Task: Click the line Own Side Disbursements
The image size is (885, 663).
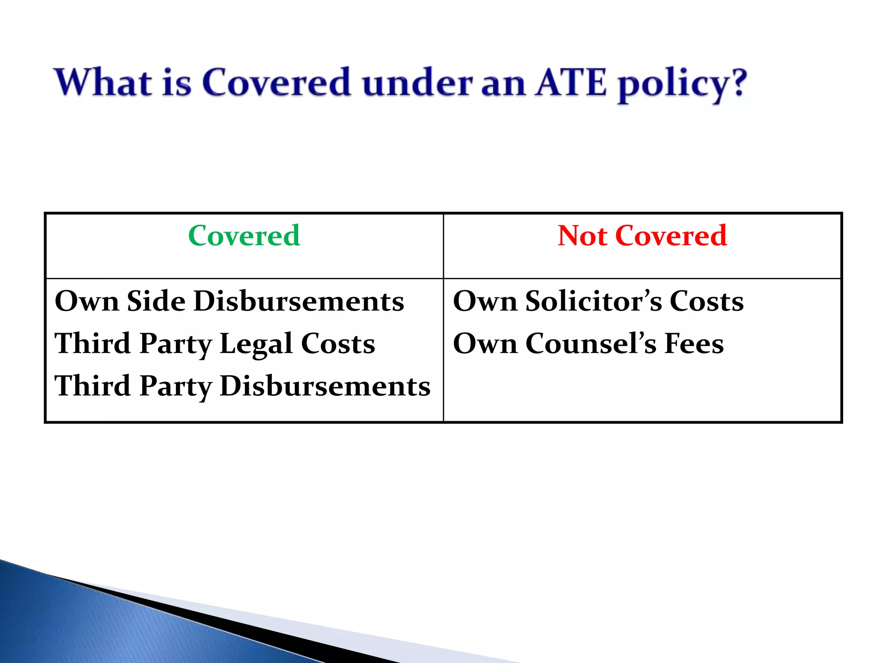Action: click(x=229, y=301)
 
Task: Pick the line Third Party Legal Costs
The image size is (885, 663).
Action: click(x=215, y=344)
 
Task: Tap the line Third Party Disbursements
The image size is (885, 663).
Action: click(x=242, y=386)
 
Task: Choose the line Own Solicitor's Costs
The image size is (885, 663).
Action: click(x=598, y=301)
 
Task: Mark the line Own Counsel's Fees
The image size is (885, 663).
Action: click(x=588, y=344)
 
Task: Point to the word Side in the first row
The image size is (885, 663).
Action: click(x=156, y=301)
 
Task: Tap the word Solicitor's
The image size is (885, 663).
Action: click(x=593, y=301)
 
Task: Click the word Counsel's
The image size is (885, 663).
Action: click(x=591, y=344)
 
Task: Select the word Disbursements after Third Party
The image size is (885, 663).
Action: click(x=325, y=386)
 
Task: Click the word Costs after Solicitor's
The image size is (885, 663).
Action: click(x=707, y=301)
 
